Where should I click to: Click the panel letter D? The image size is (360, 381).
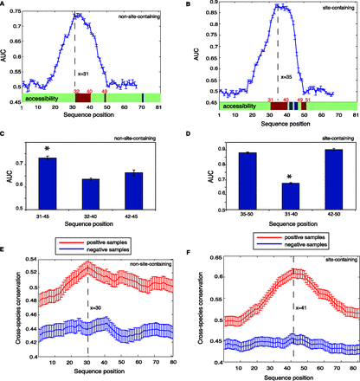(x=190, y=132)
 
